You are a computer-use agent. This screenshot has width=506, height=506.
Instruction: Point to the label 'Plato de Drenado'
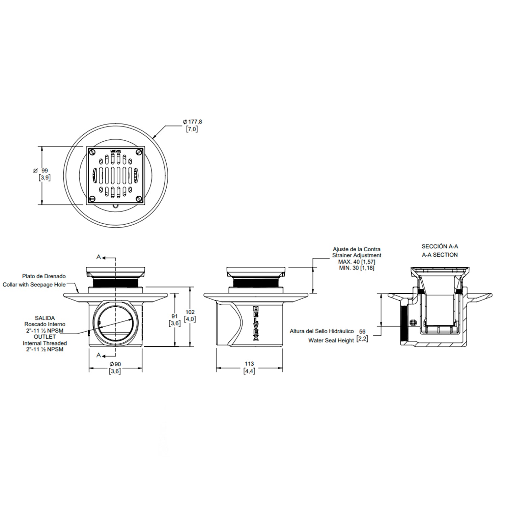(44, 276)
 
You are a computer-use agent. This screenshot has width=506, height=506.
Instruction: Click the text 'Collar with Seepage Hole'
(34, 285)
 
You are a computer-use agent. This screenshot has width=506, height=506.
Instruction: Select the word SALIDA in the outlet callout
(45, 318)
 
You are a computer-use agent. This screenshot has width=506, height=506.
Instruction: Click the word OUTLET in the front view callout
(45, 337)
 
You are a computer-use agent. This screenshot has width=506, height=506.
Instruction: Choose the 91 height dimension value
(174, 316)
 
